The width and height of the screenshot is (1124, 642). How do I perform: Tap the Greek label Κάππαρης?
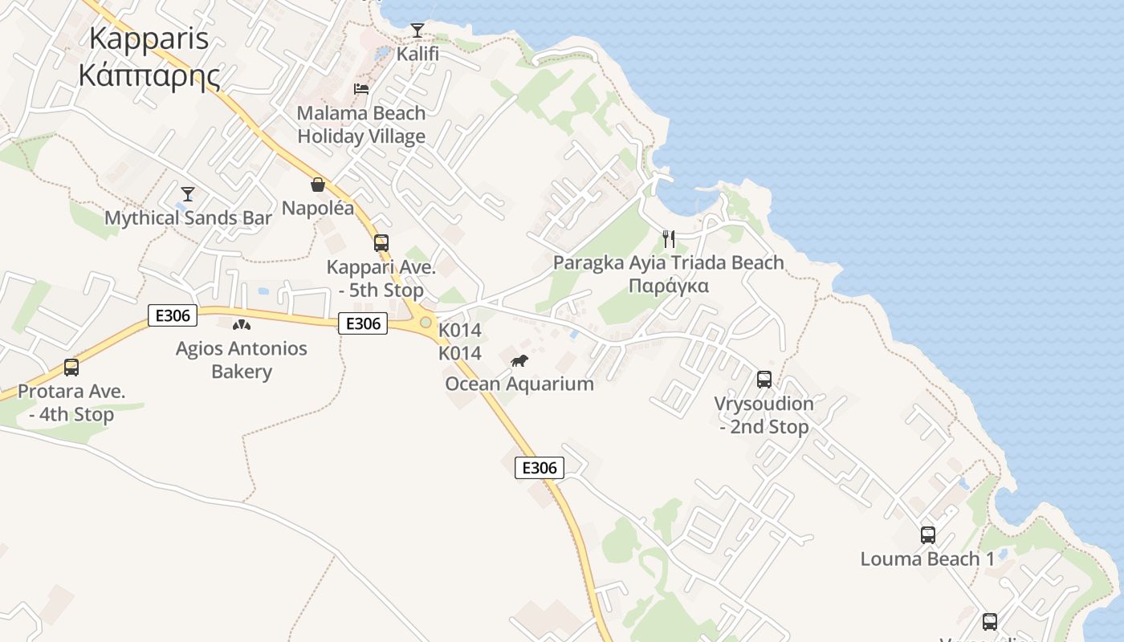click(x=149, y=75)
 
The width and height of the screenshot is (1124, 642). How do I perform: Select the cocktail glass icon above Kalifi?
click(x=417, y=30)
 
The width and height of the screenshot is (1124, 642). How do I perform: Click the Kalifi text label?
click(x=417, y=54)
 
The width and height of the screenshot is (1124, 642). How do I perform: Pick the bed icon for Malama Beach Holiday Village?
click(x=361, y=88)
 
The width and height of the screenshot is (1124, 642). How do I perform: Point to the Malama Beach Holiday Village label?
click(x=361, y=124)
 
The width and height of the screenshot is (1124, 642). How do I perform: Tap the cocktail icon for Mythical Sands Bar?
click(x=188, y=193)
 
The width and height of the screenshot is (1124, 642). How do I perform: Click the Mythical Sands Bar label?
click(x=188, y=217)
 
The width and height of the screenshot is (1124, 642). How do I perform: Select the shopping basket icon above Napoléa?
click(x=318, y=185)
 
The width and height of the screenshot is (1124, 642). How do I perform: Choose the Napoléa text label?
click(x=318, y=209)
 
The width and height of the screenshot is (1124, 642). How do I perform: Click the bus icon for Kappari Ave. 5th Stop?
click(x=381, y=242)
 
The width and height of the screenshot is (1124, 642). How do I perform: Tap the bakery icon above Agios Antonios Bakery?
click(x=241, y=325)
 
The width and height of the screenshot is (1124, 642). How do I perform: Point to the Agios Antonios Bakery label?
click(x=242, y=360)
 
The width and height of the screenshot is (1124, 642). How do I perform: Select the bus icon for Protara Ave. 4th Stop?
click(x=71, y=368)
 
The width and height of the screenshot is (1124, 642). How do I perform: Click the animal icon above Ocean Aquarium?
click(x=519, y=360)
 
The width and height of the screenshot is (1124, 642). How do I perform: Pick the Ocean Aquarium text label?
click(x=519, y=384)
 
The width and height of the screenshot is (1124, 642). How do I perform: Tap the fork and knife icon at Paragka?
click(x=669, y=238)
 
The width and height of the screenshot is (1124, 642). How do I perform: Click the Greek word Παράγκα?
click(x=669, y=286)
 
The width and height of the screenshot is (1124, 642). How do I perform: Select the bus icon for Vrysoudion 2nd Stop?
click(x=764, y=379)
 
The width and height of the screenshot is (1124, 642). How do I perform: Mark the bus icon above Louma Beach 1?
click(x=928, y=534)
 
